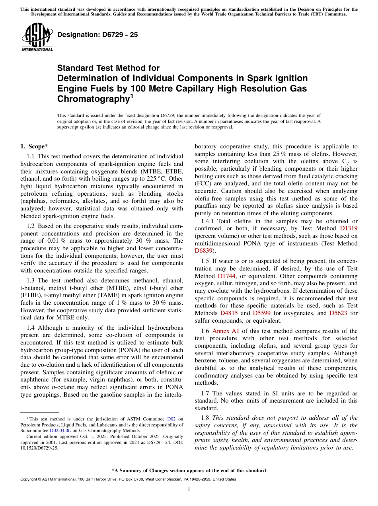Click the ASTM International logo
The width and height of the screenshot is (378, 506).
[x=37, y=38]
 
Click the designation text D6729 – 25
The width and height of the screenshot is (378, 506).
[x=97, y=35]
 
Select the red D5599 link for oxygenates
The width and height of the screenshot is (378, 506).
[x=261, y=313]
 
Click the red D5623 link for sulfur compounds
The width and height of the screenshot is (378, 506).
[x=338, y=313]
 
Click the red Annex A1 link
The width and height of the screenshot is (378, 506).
[x=226, y=331]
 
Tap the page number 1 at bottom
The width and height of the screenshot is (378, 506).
[x=189, y=489]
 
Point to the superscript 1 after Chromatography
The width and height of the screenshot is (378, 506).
[x=132, y=96]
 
